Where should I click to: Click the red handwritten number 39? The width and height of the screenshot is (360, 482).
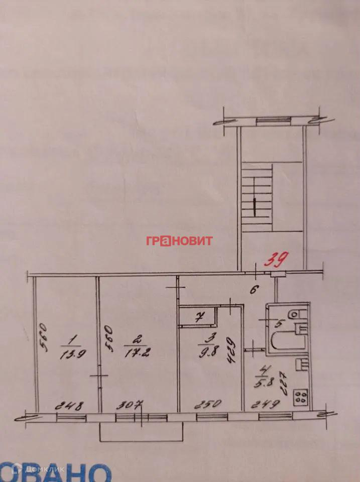point(276,260)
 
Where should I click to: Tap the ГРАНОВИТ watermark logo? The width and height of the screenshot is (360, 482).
point(179,240)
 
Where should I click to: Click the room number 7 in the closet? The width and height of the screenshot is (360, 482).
point(199,317)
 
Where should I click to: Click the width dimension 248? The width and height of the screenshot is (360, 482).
point(70,405)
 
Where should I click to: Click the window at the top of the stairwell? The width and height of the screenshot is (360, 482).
point(273,120)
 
